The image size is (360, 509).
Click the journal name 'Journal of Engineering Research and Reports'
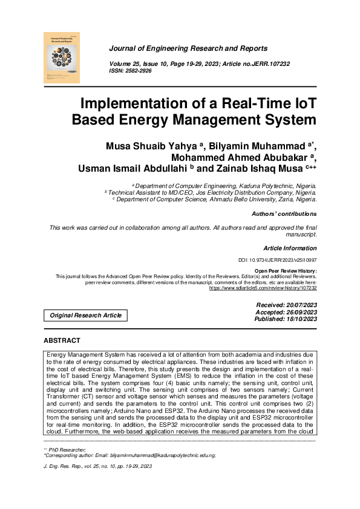click(x=188, y=48)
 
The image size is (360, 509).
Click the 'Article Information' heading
click(x=290, y=248)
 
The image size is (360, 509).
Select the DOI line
click(x=278, y=260)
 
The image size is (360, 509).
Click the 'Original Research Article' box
click(x=85, y=315)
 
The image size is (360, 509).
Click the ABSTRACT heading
click(x=62, y=341)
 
